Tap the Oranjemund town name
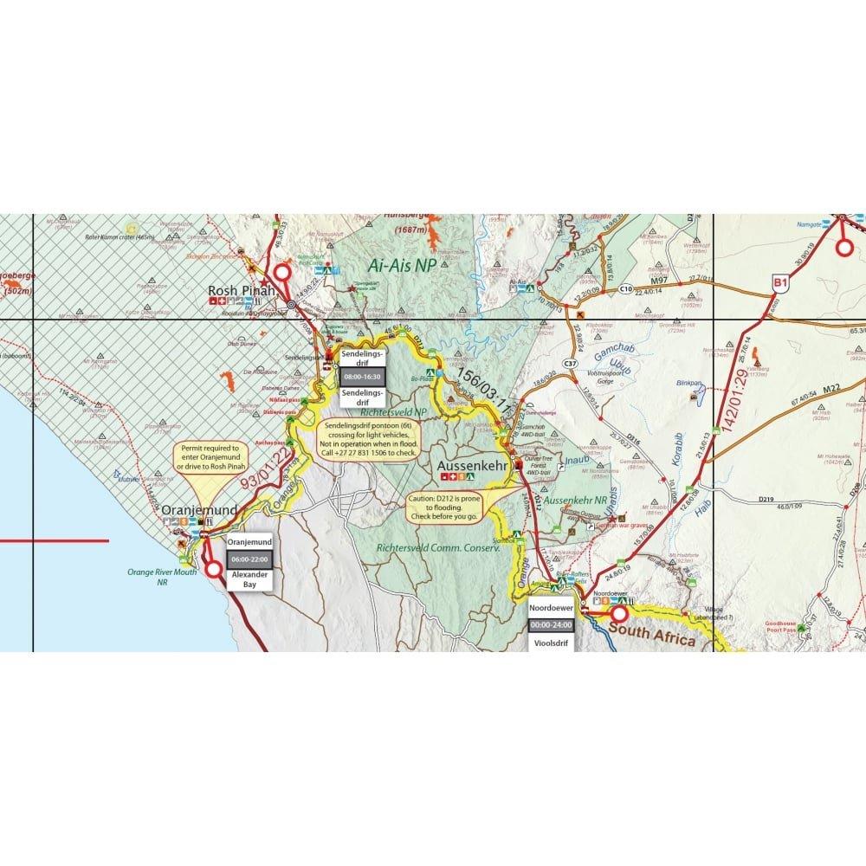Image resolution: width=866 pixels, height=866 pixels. click(199, 512)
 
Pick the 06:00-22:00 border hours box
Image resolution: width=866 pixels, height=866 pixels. click(249, 559)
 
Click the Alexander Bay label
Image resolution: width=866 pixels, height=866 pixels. click(249, 579)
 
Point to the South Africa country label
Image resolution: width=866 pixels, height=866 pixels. click(653, 640)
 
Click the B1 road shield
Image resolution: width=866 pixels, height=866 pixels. click(779, 281)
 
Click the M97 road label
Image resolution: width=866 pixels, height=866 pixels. click(661, 280)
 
